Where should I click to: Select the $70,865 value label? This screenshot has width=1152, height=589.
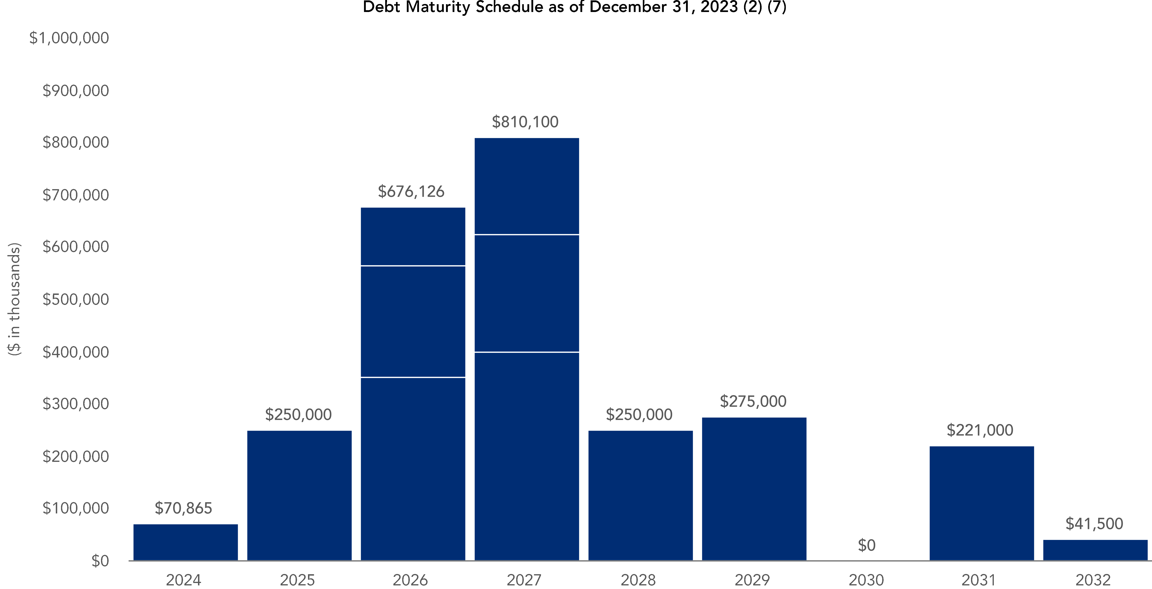point(183,508)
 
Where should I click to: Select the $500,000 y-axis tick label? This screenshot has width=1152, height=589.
point(76,299)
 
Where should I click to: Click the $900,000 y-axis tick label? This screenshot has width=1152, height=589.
point(76,91)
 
